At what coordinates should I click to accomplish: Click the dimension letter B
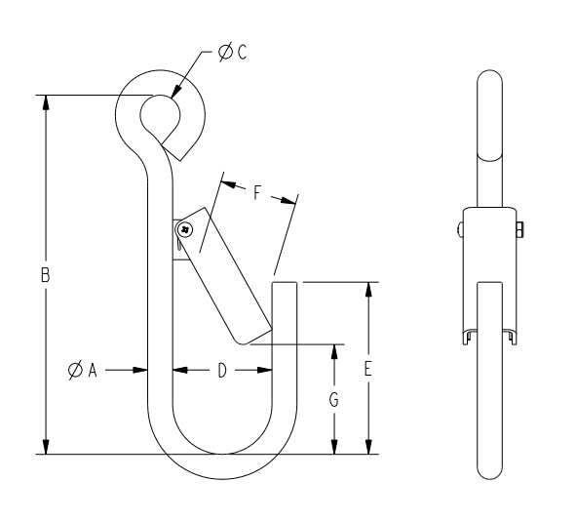[x=45, y=276]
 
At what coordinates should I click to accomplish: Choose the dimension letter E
[x=367, y=370]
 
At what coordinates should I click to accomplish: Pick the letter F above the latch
[x=258, y=192]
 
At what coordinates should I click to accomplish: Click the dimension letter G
[x=334, y=399]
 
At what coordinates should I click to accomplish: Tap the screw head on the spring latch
[x=184, y=229]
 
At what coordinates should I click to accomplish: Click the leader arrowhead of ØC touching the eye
[x=174, y=95]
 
